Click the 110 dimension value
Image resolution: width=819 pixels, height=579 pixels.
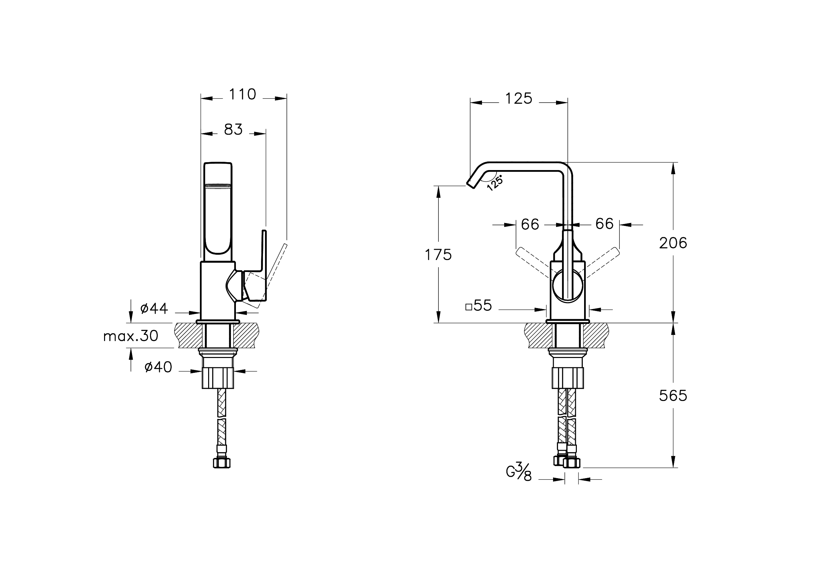pyautogui.click(x=242, y=95)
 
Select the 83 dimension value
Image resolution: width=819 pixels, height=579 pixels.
pyautogui.click(x=233, y=129)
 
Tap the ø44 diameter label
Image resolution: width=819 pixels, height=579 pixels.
pyautogui.click(x=154, y=308)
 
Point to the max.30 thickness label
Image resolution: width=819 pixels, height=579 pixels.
pyautogui.click(x=130, y=336)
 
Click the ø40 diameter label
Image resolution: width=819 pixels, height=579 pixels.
pyautogui.click(x=158, y=367)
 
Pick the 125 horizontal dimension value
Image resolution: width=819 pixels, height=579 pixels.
pyautogui.click(x=519, y=99)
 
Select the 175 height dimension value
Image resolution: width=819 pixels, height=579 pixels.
pyautogui.click(x=438, y=255)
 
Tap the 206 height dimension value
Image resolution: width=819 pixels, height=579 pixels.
pyautogui.click(x=673, y=243)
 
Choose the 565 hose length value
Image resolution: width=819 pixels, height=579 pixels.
pyautogui.click(x=673, y=396)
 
